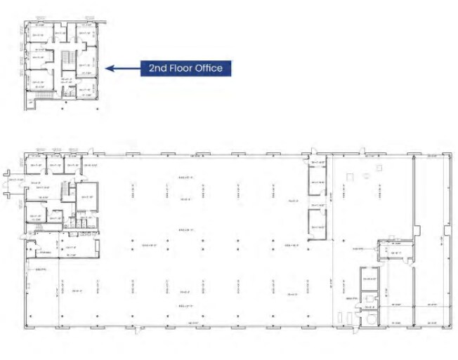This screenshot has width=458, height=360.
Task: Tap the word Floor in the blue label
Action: point(181,68)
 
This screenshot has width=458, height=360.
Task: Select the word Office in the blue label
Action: point(209,68)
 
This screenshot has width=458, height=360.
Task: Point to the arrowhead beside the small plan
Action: point(109,68)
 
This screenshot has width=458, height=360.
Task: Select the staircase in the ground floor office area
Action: point(68,190)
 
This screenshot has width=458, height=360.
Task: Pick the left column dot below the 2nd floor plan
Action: point(63,109)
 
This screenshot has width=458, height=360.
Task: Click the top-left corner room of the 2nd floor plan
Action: point(36,34)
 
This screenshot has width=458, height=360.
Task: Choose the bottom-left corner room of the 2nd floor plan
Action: point(36,87)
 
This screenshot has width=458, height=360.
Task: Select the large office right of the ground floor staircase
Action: point(87,196)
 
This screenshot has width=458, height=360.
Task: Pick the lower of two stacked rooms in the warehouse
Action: point(317,222)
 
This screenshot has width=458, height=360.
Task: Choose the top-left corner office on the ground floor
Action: point(36,167)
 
